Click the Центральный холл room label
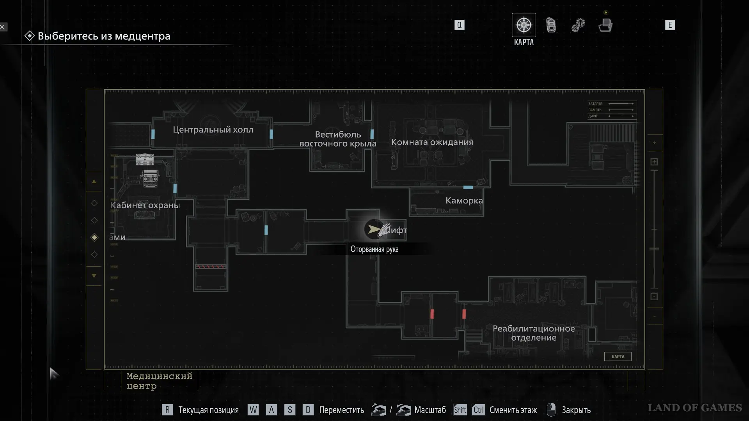[x=213, y=130]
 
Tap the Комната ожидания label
[x=432, y=142]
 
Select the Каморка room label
[x=464, y=201]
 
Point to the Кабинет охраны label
[x=145, y=205]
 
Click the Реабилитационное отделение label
[x=534, y=333]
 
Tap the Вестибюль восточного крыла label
[x=338, y=139]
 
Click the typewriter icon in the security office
[x=150, y=178]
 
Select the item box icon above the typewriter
[x=145, y=159]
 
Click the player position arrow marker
[x=374, y=229]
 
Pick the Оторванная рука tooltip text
[x=374, y=249]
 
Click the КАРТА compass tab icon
[x=524, y=25]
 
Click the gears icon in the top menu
[x=578, y=25]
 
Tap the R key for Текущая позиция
[x=167, y=410]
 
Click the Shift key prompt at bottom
[x=460, y=410]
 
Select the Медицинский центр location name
[x=159, y=381]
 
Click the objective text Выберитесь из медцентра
[x=104, y=36]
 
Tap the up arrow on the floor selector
[x=94, y=182]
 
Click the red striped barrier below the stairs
[x=210, y=267]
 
